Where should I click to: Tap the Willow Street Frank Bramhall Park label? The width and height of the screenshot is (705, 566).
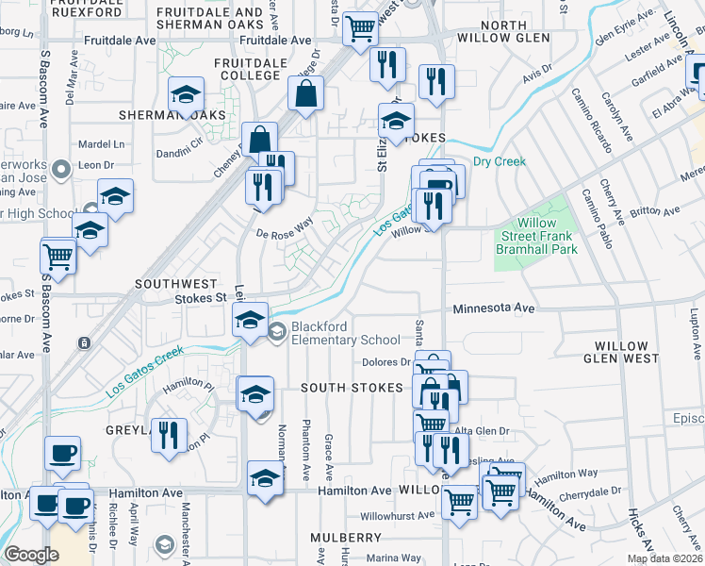coord(536,236)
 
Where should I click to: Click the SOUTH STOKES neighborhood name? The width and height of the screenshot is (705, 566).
coord(352,388)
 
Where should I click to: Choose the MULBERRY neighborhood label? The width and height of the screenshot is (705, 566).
coord(346,537)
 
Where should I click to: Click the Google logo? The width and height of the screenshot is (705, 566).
coord(31,554)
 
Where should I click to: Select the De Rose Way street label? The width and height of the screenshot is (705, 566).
coord(284,227)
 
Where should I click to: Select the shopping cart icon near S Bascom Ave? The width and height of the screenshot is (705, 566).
coord(58,256)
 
